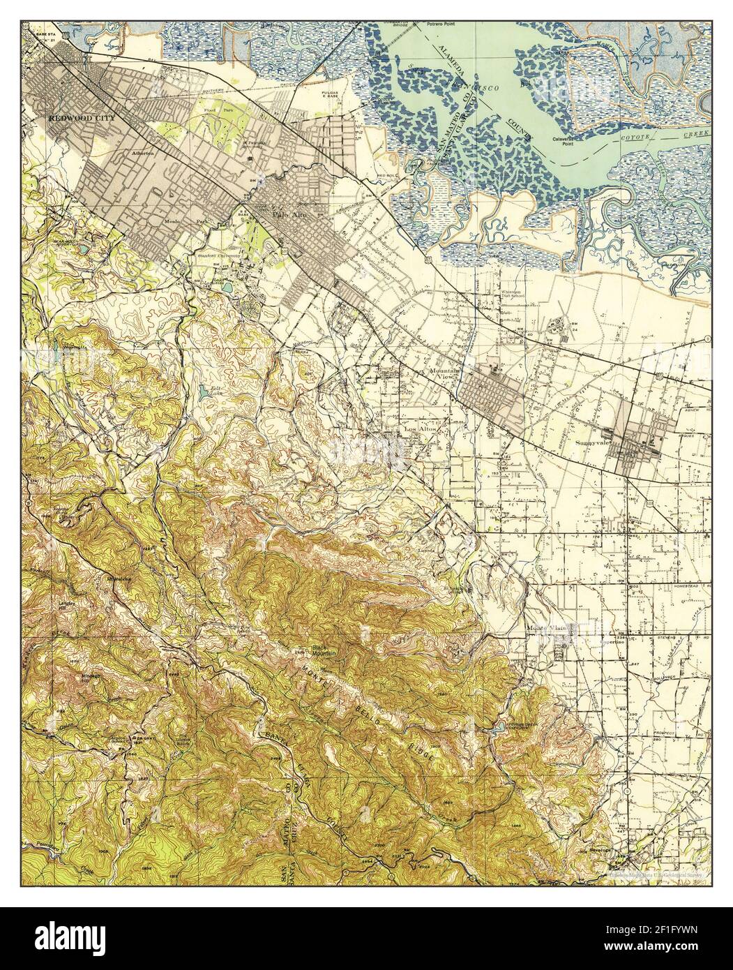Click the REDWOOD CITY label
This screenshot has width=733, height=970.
[x=76, y=118]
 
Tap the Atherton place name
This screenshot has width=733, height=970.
[x=142, y=151]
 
